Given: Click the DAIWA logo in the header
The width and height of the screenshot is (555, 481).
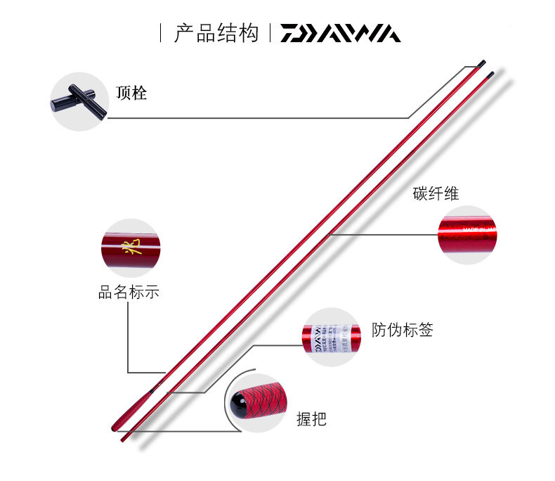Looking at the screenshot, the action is [341, 34].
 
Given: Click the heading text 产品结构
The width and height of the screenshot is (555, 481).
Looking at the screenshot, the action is [217, 34].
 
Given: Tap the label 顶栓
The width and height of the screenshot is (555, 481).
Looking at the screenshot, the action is [131, 93].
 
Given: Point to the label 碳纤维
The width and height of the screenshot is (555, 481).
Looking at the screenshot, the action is [436, 193].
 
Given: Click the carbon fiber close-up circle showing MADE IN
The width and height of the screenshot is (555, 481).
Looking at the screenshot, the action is [467, 234].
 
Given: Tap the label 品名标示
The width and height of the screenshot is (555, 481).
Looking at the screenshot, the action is [129, 292].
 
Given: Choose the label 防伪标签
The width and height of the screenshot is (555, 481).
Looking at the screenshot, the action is [403, 330].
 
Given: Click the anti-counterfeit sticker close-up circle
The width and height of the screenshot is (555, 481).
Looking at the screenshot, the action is [331, 337].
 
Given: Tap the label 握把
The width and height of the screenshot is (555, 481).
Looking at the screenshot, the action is [311, 420].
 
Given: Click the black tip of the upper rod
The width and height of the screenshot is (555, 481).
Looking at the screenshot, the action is [481, 64].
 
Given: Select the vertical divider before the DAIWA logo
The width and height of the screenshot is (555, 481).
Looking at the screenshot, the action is [271, 33].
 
